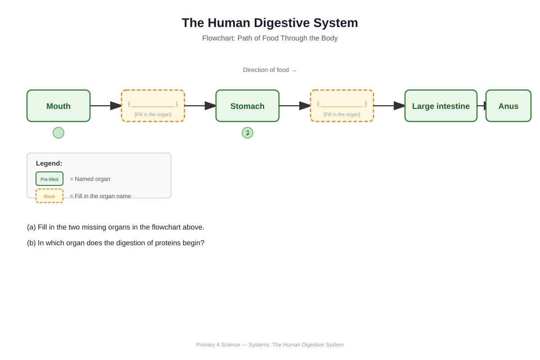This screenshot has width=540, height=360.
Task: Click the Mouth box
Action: [x=58, y=106]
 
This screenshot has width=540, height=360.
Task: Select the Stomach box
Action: [x=247, y=106]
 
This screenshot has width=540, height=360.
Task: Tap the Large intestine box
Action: [x=441, y=106]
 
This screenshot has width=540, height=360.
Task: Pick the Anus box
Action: [x=508, y=106]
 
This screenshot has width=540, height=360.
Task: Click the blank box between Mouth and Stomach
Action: [x=153, y=106]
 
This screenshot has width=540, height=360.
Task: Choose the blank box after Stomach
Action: [x=342, y=106]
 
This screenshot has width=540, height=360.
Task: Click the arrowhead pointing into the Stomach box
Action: [x=210, y=106]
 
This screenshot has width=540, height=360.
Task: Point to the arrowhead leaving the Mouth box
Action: [x=116, y=106]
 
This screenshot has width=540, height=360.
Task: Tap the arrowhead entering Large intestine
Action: [x=399, y=106]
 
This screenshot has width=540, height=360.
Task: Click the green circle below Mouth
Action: [x=58, y=133]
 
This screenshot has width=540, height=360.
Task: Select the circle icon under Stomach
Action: [x=247, y=133]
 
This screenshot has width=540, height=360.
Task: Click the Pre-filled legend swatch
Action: [x=49, y=179]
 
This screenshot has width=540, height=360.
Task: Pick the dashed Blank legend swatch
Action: [x=49, y=196]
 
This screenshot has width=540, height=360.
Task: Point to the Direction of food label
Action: [x=270, y=70]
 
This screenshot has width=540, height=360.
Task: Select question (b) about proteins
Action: [x=116, y=243]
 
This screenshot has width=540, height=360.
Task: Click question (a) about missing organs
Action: [x=116, y=227]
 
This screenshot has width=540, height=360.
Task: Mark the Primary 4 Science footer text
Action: [x=270, y=345]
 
